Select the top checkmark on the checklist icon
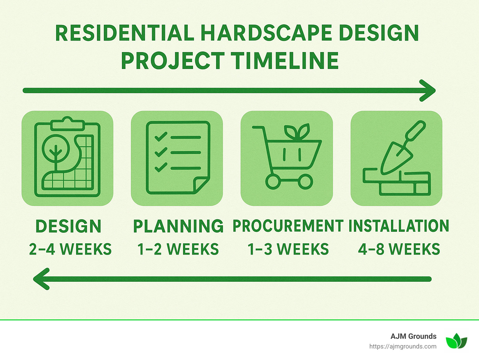pos(161,137)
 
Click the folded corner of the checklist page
pos(201,185)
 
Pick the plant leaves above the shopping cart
pos(297,131)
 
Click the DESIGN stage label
pos(68,226)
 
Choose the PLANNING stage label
pos(178,226)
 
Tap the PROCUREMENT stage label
pos(288,226)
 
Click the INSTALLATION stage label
pos(399,226)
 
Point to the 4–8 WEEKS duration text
pos(399,249)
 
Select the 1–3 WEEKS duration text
pos(288,249)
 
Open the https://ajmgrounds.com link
pos(403,346)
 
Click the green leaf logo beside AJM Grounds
pos(456,341)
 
